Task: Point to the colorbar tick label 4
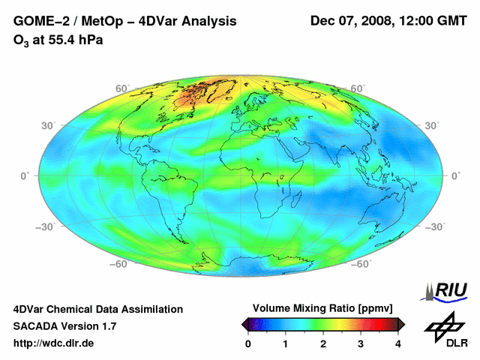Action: pyautogui.click(x=398, y=344)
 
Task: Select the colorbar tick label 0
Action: pyautogui.click(x=248, y=344)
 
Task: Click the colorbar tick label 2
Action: pyautogui.click(x=323, y=344)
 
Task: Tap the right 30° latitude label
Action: pyautogui.click(x=431, y=124)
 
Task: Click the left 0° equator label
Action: pyautogui.click(x=24, y=175)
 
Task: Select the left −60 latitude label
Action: pyautogui.click(x=117, y=264)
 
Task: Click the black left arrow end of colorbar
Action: pyautogui.click(x=244, y=324)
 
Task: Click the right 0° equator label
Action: pyautogui.click(x=455, y=175)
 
